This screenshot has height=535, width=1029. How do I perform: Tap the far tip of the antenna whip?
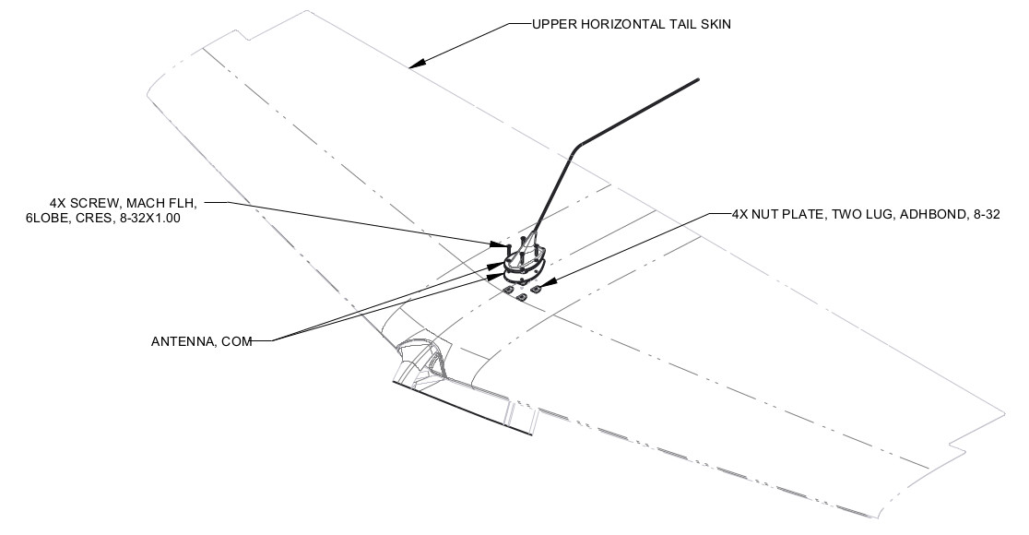(697, 80)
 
